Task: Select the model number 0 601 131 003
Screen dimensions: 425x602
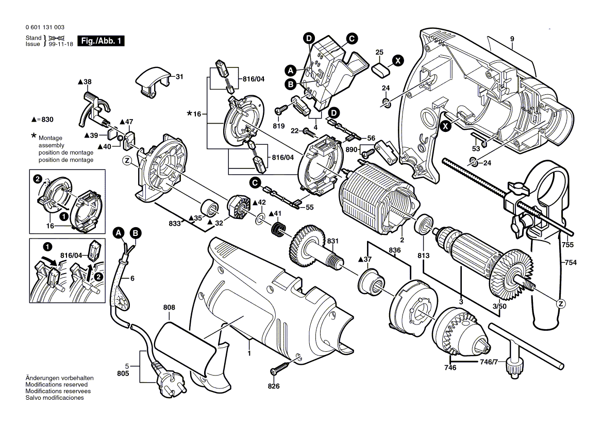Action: tap(44, 27)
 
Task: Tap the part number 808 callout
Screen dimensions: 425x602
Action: tap(169, 308)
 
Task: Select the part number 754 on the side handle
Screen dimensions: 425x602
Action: tap(570, 263)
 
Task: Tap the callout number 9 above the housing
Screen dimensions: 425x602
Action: tap(512, 39)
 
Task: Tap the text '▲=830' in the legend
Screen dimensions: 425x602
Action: tap(44, 119)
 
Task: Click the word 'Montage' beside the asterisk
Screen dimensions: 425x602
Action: tap(50, 138)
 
